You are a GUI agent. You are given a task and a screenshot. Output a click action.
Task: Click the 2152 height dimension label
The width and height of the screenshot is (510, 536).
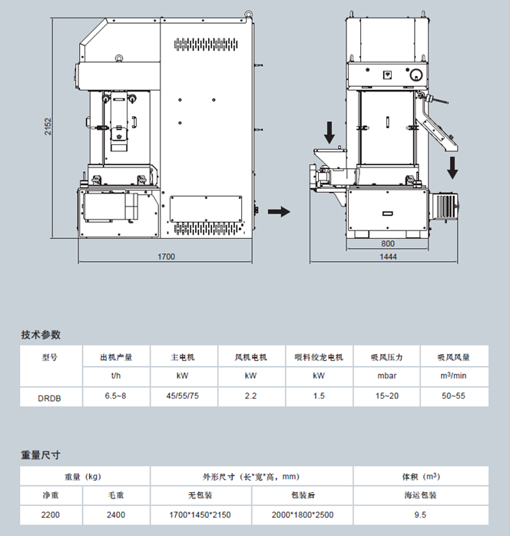click(x=48, y=127)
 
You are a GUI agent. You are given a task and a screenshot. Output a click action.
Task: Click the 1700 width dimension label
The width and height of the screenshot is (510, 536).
click(x=167, y=256)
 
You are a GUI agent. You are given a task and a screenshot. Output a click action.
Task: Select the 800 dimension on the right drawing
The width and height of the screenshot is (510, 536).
click(x=387, y=244)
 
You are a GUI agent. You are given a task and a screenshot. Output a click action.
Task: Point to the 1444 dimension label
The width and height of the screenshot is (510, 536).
click(x=388, y=256)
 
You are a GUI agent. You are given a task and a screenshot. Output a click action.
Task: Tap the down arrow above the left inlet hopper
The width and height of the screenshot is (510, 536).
click(x=330, y=132)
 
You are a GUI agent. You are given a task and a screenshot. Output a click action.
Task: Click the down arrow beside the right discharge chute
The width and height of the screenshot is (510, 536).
click(x=453, y=165)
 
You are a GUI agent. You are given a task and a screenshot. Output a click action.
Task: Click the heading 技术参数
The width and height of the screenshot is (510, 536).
click(x=41, y=335)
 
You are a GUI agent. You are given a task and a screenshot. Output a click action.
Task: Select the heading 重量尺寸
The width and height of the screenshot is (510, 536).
click(x=41, y=455)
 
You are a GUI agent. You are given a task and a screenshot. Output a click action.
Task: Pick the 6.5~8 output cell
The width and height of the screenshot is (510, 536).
click(x=116, y=396)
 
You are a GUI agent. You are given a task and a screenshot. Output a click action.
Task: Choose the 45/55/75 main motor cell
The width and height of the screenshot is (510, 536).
click(x=183, y=396)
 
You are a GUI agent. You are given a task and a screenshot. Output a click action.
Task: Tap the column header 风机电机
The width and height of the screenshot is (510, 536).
click(x=250, y=357)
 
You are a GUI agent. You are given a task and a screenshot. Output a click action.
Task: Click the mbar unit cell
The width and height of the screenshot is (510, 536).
click(x=386, y=376)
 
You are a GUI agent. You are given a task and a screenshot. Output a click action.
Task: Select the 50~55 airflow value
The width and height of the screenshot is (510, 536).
click(x=452, y=396)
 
